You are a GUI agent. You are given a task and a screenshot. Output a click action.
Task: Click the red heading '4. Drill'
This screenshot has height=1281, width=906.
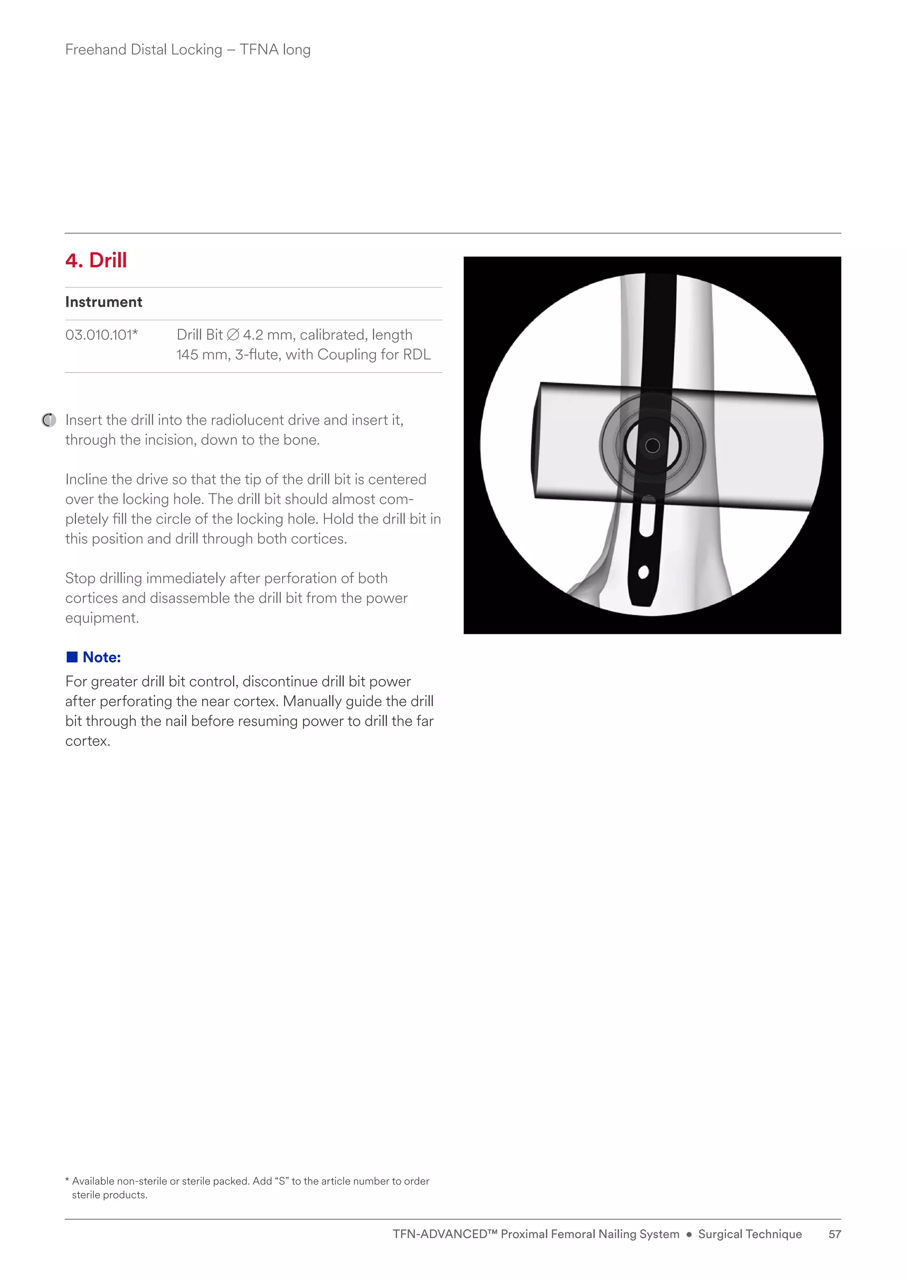[96, 261]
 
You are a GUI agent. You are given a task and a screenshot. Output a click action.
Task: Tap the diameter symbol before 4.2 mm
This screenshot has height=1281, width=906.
[233, 335]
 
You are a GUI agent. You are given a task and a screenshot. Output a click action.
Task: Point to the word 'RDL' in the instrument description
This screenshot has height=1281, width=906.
[417, 355]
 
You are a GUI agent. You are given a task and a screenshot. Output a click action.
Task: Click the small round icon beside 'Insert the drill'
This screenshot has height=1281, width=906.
[49, 420]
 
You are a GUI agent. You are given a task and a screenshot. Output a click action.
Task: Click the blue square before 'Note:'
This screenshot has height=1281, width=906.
[72, 657]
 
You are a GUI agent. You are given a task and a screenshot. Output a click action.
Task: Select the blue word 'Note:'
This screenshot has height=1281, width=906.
[102, 657]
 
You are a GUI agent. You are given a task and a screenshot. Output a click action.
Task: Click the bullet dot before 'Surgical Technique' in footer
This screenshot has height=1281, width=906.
[688, 1235]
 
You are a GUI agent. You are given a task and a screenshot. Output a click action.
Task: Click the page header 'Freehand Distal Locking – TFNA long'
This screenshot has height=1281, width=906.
[188, 50]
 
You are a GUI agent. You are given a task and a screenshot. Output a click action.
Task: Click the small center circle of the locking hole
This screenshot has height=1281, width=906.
[652, 445]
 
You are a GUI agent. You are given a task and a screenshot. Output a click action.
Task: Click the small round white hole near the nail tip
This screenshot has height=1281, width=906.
[643, 572]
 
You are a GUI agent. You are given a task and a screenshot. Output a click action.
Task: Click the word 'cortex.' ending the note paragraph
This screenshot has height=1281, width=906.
[88, 741]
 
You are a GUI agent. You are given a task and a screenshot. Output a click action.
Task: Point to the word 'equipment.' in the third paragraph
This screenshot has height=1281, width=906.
[102, 618]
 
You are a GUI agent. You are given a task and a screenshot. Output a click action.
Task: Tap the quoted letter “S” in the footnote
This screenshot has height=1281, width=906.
[282, 1181]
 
